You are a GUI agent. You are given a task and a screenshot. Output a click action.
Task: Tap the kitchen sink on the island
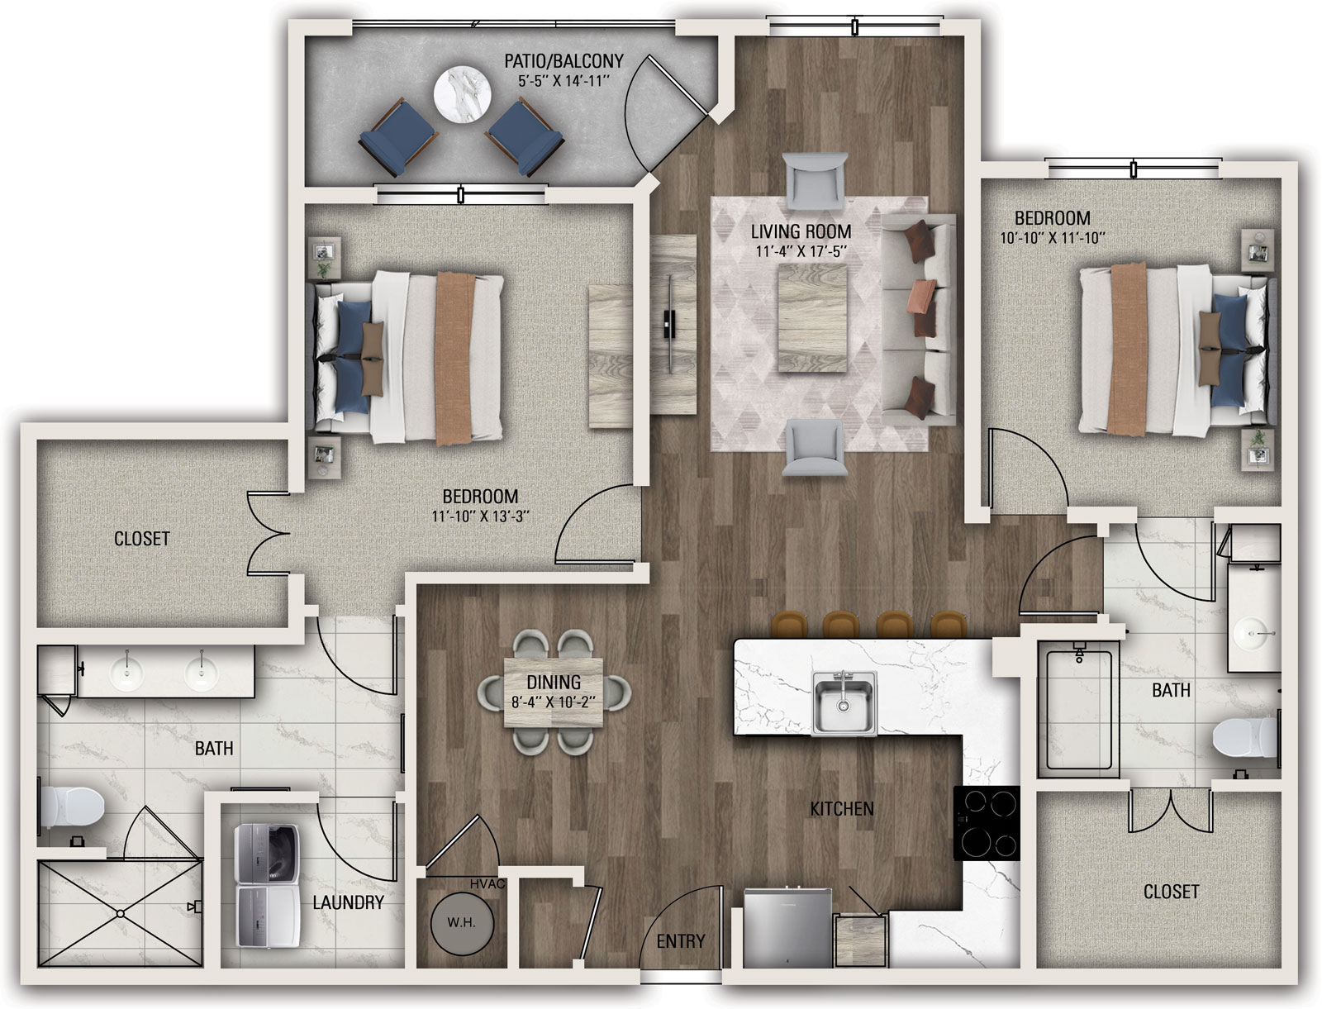pos(844,702)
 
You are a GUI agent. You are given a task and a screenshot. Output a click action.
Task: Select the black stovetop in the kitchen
pos(986,823)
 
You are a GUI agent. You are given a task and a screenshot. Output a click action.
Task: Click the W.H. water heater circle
pos(462,922)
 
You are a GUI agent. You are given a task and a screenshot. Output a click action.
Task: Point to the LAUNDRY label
pos(348,902)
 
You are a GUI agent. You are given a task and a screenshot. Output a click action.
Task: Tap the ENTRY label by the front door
pos(681,941)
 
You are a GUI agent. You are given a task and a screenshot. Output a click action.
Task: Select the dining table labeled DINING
pos(554,692)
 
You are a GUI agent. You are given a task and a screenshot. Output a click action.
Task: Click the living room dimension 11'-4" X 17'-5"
pos(801,250)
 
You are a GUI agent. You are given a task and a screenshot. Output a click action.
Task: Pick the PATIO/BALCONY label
pos(564,61)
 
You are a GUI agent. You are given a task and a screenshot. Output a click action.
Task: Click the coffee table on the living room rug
pos(812,319)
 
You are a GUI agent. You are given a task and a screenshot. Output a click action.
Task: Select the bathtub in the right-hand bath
pos(1079,712)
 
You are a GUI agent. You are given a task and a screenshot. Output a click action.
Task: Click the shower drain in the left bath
pos(121,914)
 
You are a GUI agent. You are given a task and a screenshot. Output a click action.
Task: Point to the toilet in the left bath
pos(72,809)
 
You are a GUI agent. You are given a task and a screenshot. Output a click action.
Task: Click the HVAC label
pos(487,883)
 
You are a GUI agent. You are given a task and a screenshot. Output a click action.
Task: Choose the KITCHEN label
pos(842,809)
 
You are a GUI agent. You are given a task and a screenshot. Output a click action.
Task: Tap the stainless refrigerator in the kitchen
pos(787,929)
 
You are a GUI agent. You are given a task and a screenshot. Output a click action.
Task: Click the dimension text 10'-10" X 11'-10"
pos(1052,238)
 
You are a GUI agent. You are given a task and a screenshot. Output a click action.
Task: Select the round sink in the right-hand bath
pos(1254,635)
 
